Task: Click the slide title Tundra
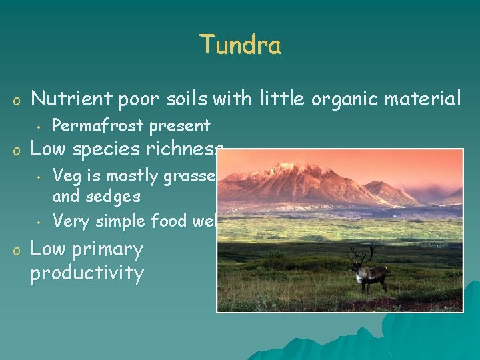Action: tap(240, 45)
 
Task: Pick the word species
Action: tap(117, 149)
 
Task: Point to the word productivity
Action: tap(87, 273)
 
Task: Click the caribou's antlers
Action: tap(361, 253)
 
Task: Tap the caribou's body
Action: tap(373, 272)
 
